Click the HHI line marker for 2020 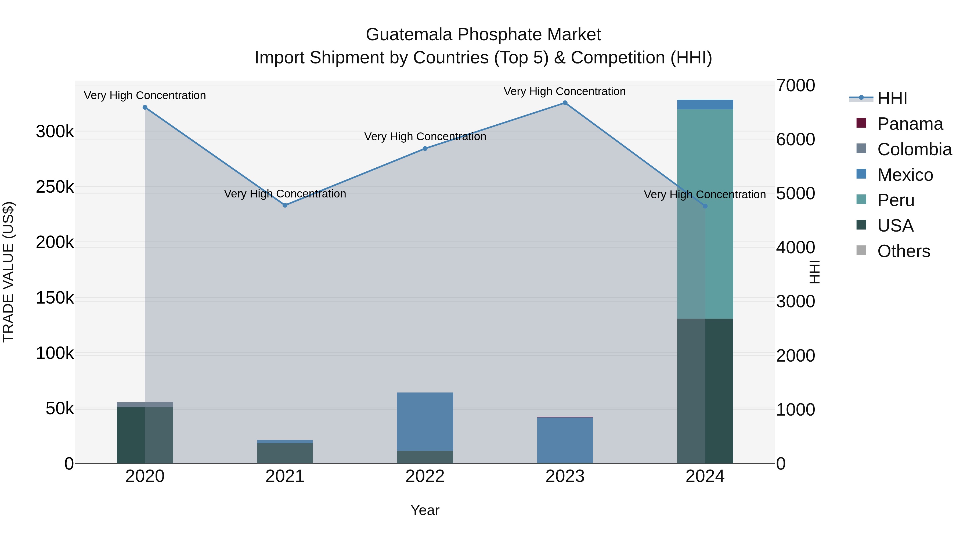pos(145,107)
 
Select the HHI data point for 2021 pos(285,205)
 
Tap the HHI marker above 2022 pos(425,149)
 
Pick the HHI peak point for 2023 pos(565,103)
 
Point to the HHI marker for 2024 pos(705,206)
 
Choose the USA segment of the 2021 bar pos(285,453)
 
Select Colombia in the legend pos(914,149)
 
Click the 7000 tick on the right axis pos(795,86)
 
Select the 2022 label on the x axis pos(425,476)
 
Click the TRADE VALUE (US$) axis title pos(8,272)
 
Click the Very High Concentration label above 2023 pos(565,91)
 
